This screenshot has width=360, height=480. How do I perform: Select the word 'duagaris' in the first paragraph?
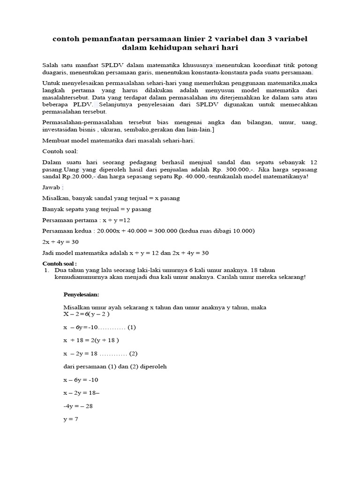click(55, 73)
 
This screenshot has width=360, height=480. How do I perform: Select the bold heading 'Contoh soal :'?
click(60, 263)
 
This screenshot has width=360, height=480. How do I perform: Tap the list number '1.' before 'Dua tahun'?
click(46, 270)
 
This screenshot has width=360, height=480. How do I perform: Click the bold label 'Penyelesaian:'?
click(82, 294)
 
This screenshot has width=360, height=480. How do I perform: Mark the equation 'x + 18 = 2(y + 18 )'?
click(91, 340)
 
